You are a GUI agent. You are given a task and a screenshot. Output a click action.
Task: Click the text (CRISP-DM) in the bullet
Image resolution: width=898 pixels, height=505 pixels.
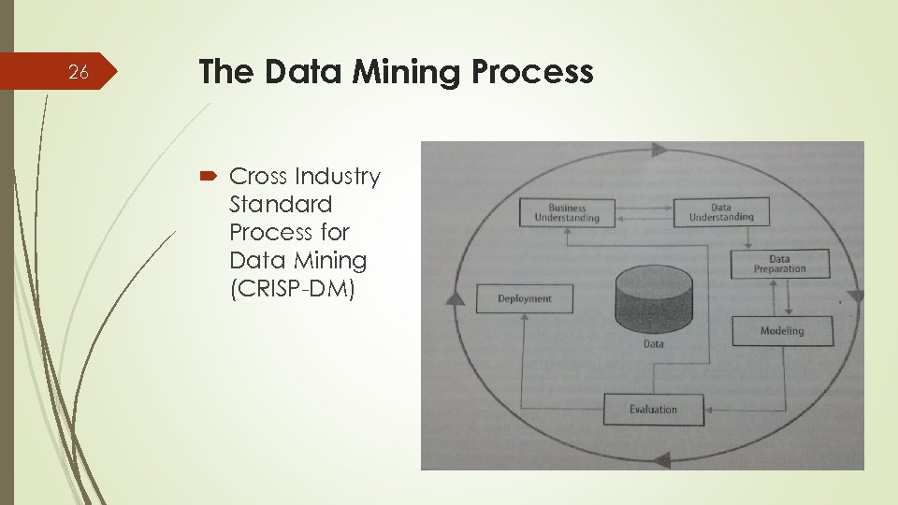[292, 288]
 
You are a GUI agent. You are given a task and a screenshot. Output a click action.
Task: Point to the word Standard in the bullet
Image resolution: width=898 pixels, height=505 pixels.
[281, 204]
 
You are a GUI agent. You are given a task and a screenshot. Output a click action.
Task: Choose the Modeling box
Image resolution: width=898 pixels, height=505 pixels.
[781, 331]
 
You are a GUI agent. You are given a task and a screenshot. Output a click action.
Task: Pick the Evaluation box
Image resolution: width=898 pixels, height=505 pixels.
[653, 410]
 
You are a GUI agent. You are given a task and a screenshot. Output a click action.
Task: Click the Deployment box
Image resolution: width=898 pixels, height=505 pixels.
[524, 299]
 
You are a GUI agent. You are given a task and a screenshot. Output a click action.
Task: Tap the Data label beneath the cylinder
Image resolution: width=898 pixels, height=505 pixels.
[653, 343]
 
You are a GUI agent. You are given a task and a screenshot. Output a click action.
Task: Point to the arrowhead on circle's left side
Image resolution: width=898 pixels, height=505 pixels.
[454, 299]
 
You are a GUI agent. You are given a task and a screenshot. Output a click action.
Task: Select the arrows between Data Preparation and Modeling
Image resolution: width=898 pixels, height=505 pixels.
[781, 297]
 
